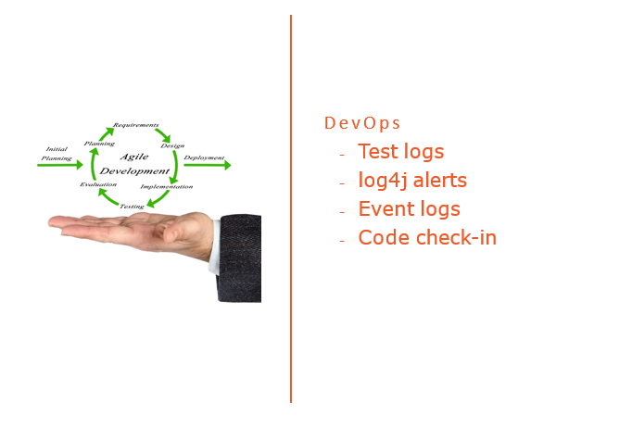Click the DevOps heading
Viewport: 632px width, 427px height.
pyautogui.click(x=362, y=123)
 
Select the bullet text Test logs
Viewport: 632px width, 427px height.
pyautogui.click(x=400, y=152)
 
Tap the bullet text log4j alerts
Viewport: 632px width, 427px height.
pyautogui.click(x=412, y=181)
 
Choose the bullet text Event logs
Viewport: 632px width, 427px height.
pyautogui.click(x=409, y=209)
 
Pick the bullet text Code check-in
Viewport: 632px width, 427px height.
pyautogui.click(x=427, y=238)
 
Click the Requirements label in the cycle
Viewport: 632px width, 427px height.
pyautogui.click(x=135, y=124)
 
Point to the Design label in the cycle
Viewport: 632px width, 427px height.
pyautogui.click(x=172, y=145)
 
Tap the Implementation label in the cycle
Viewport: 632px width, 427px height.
pyautogui.click(x=167, y=187)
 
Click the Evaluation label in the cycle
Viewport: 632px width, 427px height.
pyautogui.click(x=98, y=185)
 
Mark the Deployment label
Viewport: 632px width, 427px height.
pyautogui.click(x=204, y=157)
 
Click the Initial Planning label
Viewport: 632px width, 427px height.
pyautogui.click(x=57, y=153)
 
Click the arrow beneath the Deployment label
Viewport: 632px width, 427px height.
pyautogui.click(x=207, y=166)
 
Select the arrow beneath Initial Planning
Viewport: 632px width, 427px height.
pyautogui.click(x=60, y=166)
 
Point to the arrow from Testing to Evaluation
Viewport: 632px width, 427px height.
pyautogui.click(x=103, y=196)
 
